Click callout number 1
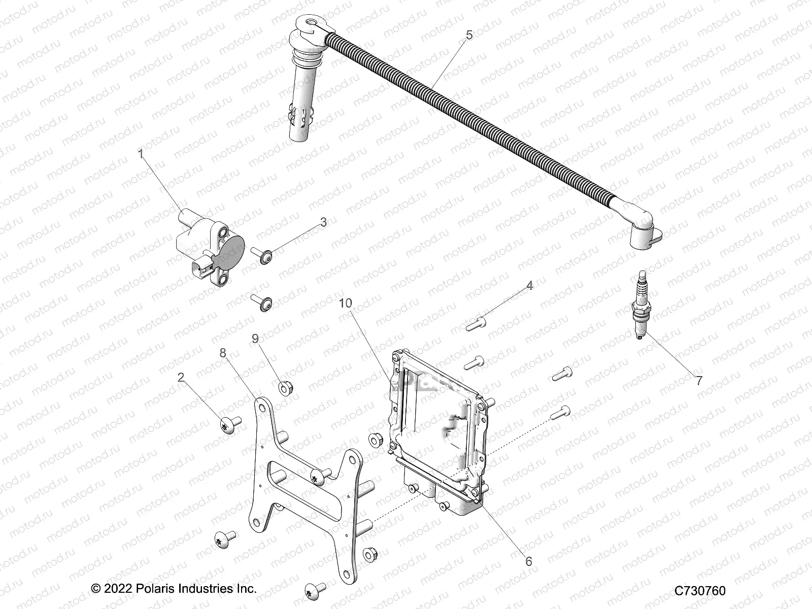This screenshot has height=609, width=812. click(142, 154)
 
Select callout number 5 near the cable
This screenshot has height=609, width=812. click(468, 35)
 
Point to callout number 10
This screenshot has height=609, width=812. click(359, 303)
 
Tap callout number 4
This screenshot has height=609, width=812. click(529, 286)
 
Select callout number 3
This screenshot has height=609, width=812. click(323, 222)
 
